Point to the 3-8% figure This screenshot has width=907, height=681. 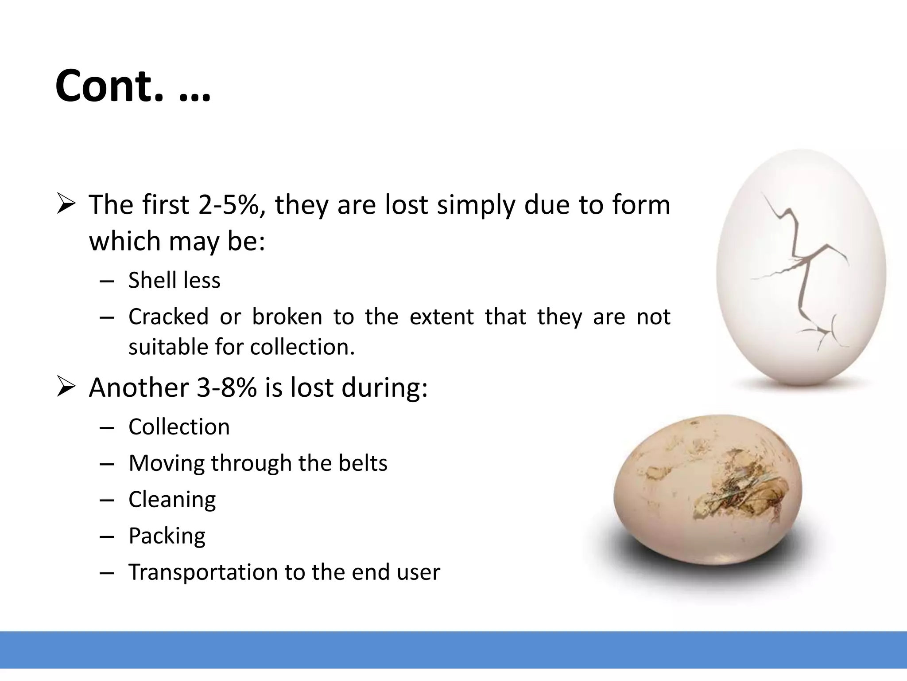[226, 387]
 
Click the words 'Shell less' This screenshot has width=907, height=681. [174, 280]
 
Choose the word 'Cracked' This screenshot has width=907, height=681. [168, 317]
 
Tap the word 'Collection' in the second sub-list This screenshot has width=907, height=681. [179, 427]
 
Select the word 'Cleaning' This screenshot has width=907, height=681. [172, 500]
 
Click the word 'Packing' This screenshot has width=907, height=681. [167, 536]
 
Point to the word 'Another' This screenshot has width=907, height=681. [139, 387]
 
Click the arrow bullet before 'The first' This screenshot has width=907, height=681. [66, 205]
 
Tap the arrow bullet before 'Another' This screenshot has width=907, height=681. [66, 387]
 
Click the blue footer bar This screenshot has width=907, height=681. [453, 650]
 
